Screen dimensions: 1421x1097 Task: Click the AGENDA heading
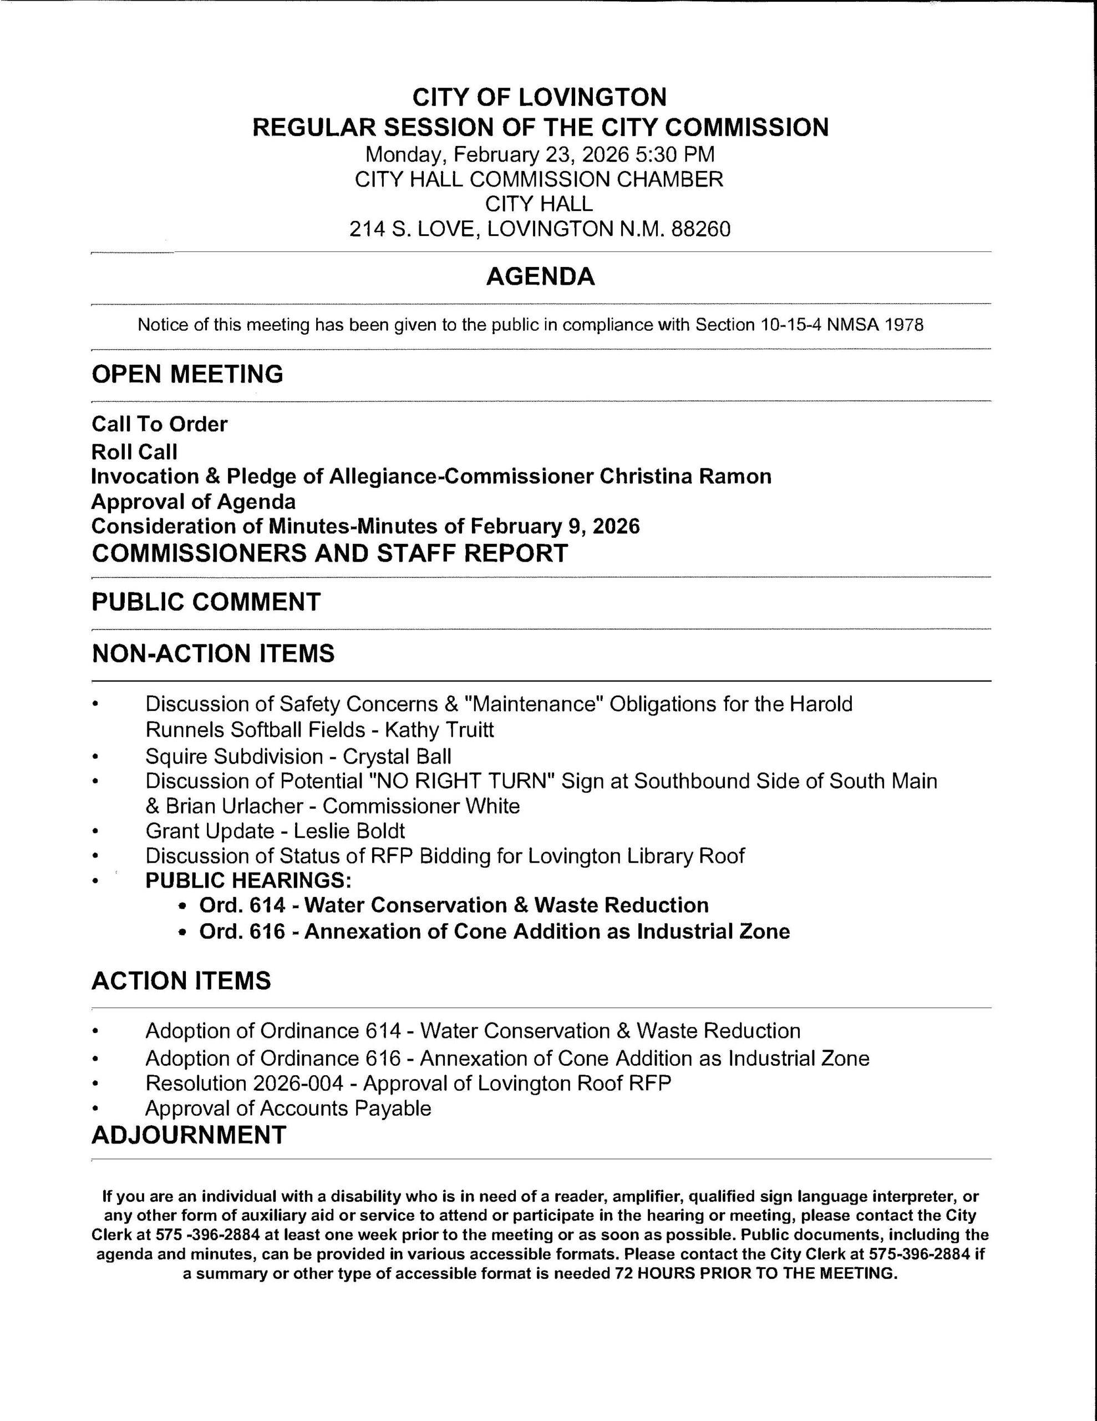click(x=540, y=276)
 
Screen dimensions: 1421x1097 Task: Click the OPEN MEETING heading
click(x=187, y=374)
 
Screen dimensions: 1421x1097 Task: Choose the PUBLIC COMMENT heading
click(x=206, y=602)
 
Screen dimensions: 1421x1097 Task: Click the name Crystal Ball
click(x=397, y=756)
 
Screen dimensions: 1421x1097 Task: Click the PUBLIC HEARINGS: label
click(x=248, y=880)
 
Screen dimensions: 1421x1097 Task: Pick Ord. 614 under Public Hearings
click(x=242, y=906)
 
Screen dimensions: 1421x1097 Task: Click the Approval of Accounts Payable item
click(x=288, y=1108)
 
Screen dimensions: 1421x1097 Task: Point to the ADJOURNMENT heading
click(x=189, y=1135)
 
